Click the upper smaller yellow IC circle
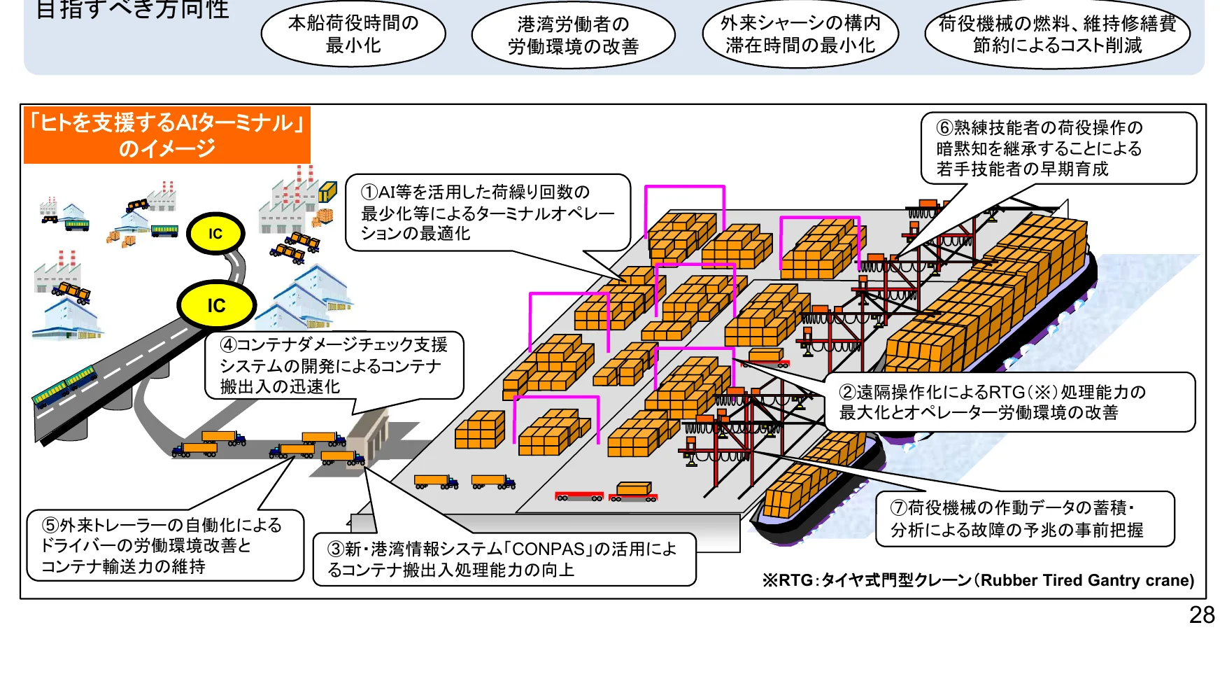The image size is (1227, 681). (215, 234)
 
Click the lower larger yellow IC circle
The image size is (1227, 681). (216, 305)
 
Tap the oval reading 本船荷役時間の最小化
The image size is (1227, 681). (353, 34)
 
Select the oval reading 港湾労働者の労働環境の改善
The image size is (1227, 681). (573, 36)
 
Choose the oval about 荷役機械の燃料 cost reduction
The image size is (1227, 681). (1057, 34)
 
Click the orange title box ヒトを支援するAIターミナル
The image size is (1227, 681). (167, 135)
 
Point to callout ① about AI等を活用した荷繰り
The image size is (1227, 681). (487, 213)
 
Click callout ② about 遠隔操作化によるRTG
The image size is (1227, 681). (1009, 402)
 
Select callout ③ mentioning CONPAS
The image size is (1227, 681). (504, 559)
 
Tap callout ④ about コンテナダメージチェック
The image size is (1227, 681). (334, 365)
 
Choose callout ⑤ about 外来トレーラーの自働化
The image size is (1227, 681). (165, 545)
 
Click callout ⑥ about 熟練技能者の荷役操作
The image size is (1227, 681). (1057, 148)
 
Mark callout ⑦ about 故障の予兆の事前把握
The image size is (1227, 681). (1024, 519)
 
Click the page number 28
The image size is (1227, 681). (1201, 615)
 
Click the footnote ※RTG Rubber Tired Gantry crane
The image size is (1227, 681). (978, 580)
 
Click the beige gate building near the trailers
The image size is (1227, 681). (368, 434)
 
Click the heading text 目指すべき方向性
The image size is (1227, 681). (132, 9)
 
